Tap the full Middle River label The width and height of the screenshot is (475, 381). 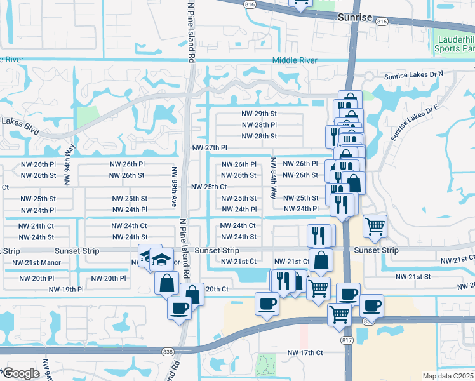295,60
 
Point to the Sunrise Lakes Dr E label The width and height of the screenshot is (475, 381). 415,122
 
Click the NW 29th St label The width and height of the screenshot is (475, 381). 259,114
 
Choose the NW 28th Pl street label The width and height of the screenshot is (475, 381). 259,125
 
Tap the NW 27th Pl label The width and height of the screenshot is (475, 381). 210,148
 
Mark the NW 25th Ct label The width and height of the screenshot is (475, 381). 209,187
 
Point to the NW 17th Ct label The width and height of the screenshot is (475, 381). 305,352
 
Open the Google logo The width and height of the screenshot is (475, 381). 20,373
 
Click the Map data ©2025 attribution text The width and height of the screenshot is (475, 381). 448,376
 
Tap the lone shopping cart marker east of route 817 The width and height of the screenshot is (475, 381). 375,225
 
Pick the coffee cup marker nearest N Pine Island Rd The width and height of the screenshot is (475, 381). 179,309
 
